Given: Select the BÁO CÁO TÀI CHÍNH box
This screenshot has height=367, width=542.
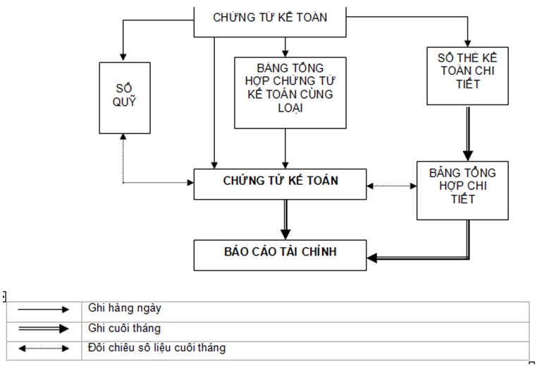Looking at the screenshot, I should click(x=281, y=255).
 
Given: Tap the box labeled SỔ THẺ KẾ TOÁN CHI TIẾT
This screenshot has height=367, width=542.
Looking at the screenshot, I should click(x=467, y=75).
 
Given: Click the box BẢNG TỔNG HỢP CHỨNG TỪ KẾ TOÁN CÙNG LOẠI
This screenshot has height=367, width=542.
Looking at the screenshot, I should click(x=290, y=92).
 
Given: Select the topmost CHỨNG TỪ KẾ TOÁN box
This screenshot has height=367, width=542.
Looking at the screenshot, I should click(x=270, y=18).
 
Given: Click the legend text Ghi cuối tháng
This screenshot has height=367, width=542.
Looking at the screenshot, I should click(x=125, y=328).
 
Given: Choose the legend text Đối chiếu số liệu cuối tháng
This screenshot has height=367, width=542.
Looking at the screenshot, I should click(x=157, y=348).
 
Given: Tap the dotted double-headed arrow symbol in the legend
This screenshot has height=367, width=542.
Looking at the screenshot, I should click(x=44, y=348).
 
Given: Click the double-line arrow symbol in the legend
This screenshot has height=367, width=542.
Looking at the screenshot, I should click(x=44, y=328).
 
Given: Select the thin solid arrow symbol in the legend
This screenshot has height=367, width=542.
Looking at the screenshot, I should click(x=44, y=309).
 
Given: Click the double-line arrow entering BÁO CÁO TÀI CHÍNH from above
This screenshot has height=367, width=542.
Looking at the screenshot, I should click(x=285, y=222).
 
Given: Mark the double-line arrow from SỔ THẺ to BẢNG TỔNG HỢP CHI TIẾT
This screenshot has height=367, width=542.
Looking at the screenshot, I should click(x=467, y=134).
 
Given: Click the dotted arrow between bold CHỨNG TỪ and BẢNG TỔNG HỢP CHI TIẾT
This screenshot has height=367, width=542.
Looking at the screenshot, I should click(x=392, y=186).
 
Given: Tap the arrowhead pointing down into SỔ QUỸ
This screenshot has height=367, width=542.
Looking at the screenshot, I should click(x=124, y=56).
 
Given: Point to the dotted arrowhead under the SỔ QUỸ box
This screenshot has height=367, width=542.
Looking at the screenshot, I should click(x=124, y=138).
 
